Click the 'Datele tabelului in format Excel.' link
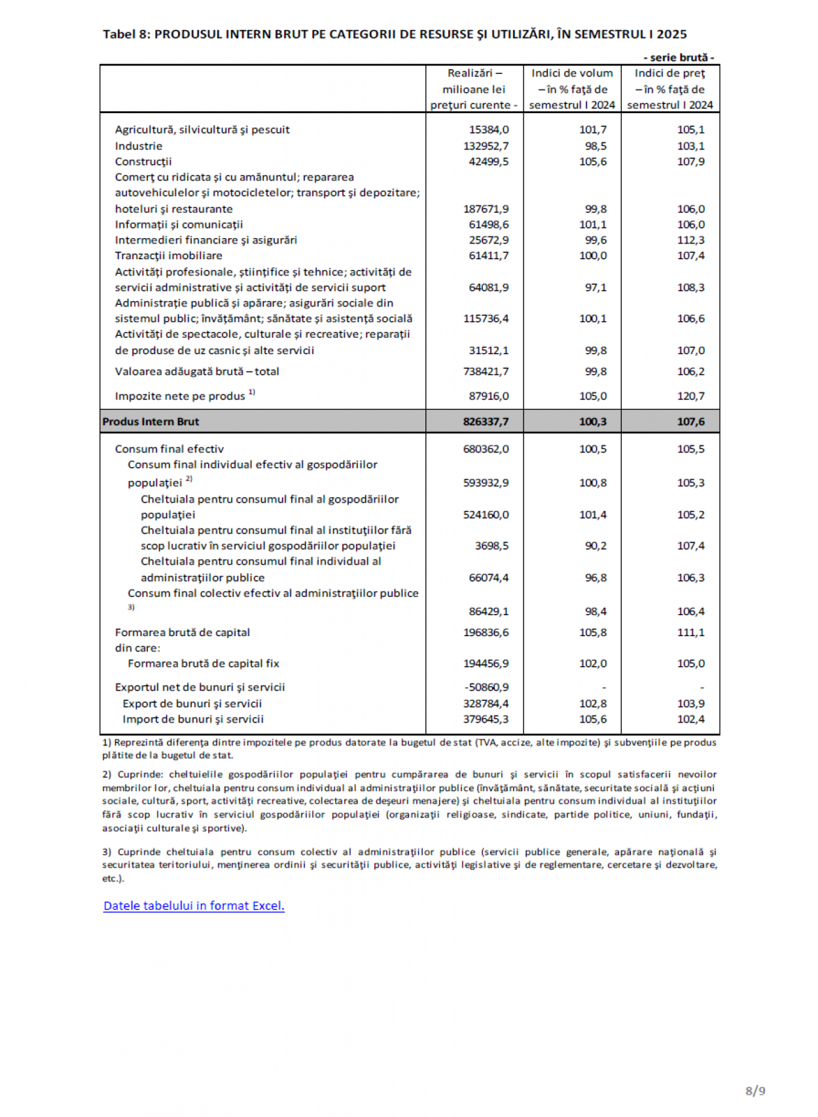194,906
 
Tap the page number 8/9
755,1090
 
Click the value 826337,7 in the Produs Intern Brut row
486,422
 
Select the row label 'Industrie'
139,146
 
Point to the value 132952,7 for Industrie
486,146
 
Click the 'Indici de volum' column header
572,73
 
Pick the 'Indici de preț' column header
669,73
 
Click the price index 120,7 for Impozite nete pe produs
690,396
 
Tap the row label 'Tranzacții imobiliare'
168,256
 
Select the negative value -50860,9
486,687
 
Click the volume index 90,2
596,546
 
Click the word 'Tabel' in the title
118,34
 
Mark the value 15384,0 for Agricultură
488,130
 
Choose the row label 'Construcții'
143,162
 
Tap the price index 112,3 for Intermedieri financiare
690,240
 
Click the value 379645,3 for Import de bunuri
486,719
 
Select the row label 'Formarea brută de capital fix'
204,664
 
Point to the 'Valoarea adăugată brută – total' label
197,372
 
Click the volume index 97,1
596,287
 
